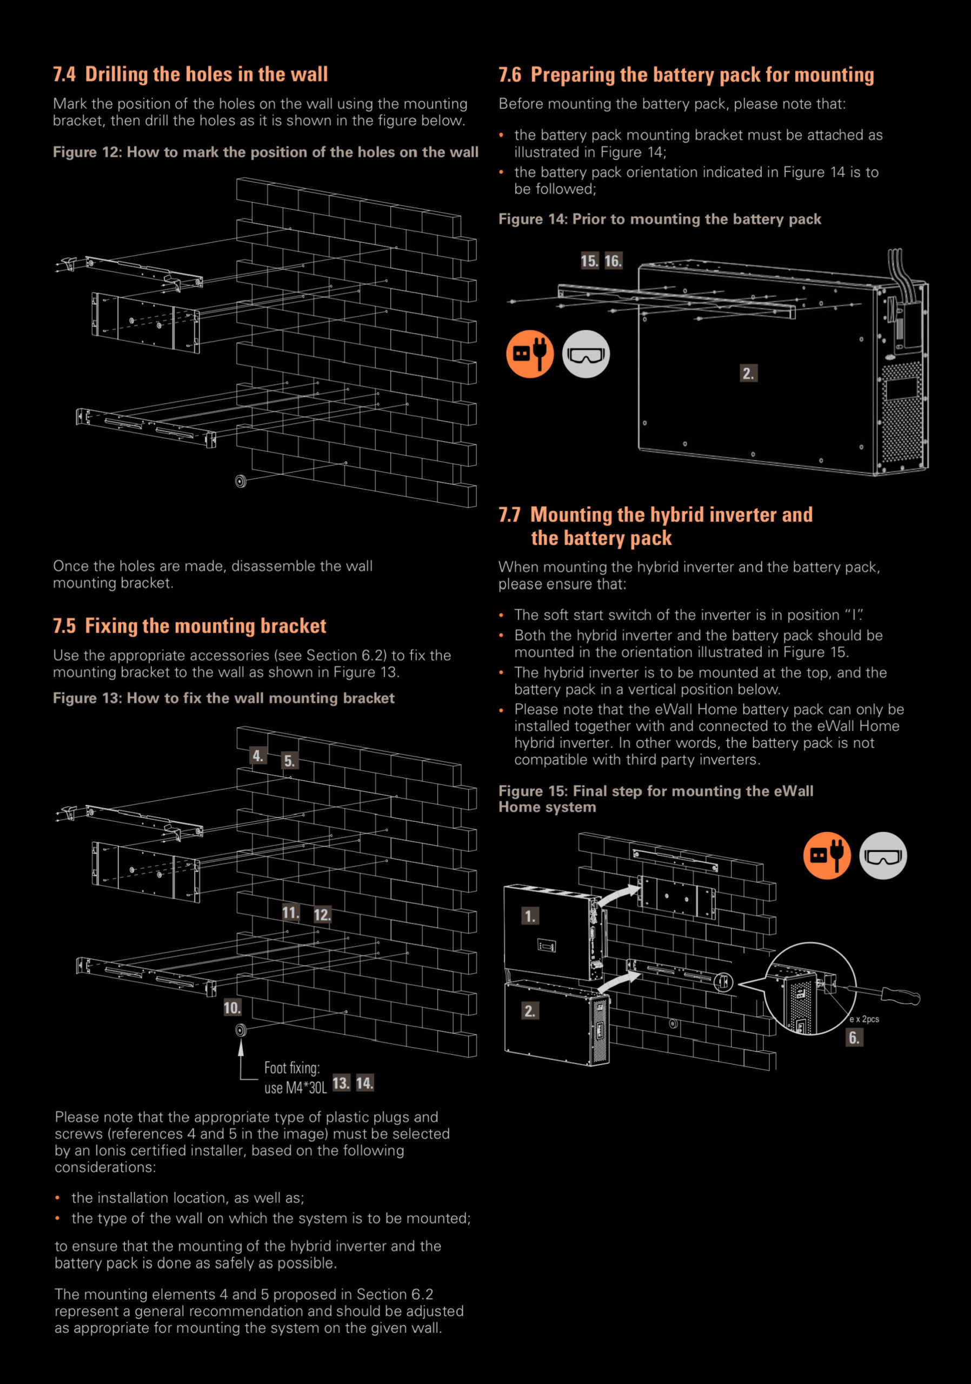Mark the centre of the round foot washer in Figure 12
(x=241, y=481)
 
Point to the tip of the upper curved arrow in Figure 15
(x=640, y=886)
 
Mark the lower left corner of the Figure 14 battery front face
(x=639, y=449)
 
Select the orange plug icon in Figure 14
(x=530, y=354)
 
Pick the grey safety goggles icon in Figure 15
(x=883, y=856)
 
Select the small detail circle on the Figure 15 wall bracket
(x=723, y=982)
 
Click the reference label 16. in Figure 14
(x=613, y=261)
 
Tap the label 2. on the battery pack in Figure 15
(x=530, y=1011)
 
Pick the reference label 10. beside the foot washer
(x=232, y=1008)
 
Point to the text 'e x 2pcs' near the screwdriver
(x=864, y=1019)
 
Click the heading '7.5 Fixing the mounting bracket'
(x=189, y=626)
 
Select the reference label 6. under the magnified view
(x=855, y=1037)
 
